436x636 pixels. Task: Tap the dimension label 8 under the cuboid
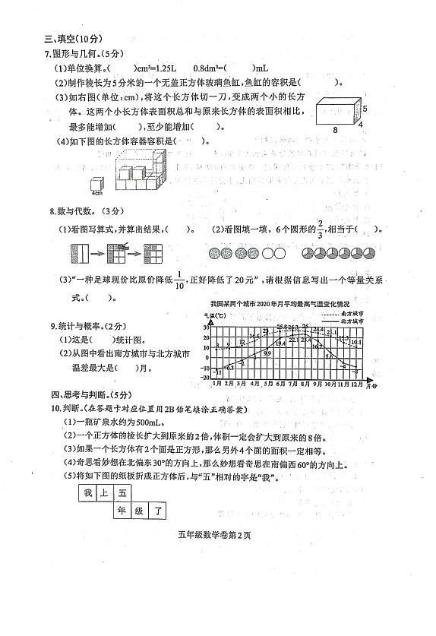tap(335, 130)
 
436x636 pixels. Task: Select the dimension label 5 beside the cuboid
tap(364, 108)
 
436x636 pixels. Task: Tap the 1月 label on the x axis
tap(217, 385)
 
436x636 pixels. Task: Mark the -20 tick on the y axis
tap(205, 378)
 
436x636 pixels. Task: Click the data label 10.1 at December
tap(355, 342)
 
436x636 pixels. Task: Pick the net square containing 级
tap(140, 511)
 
